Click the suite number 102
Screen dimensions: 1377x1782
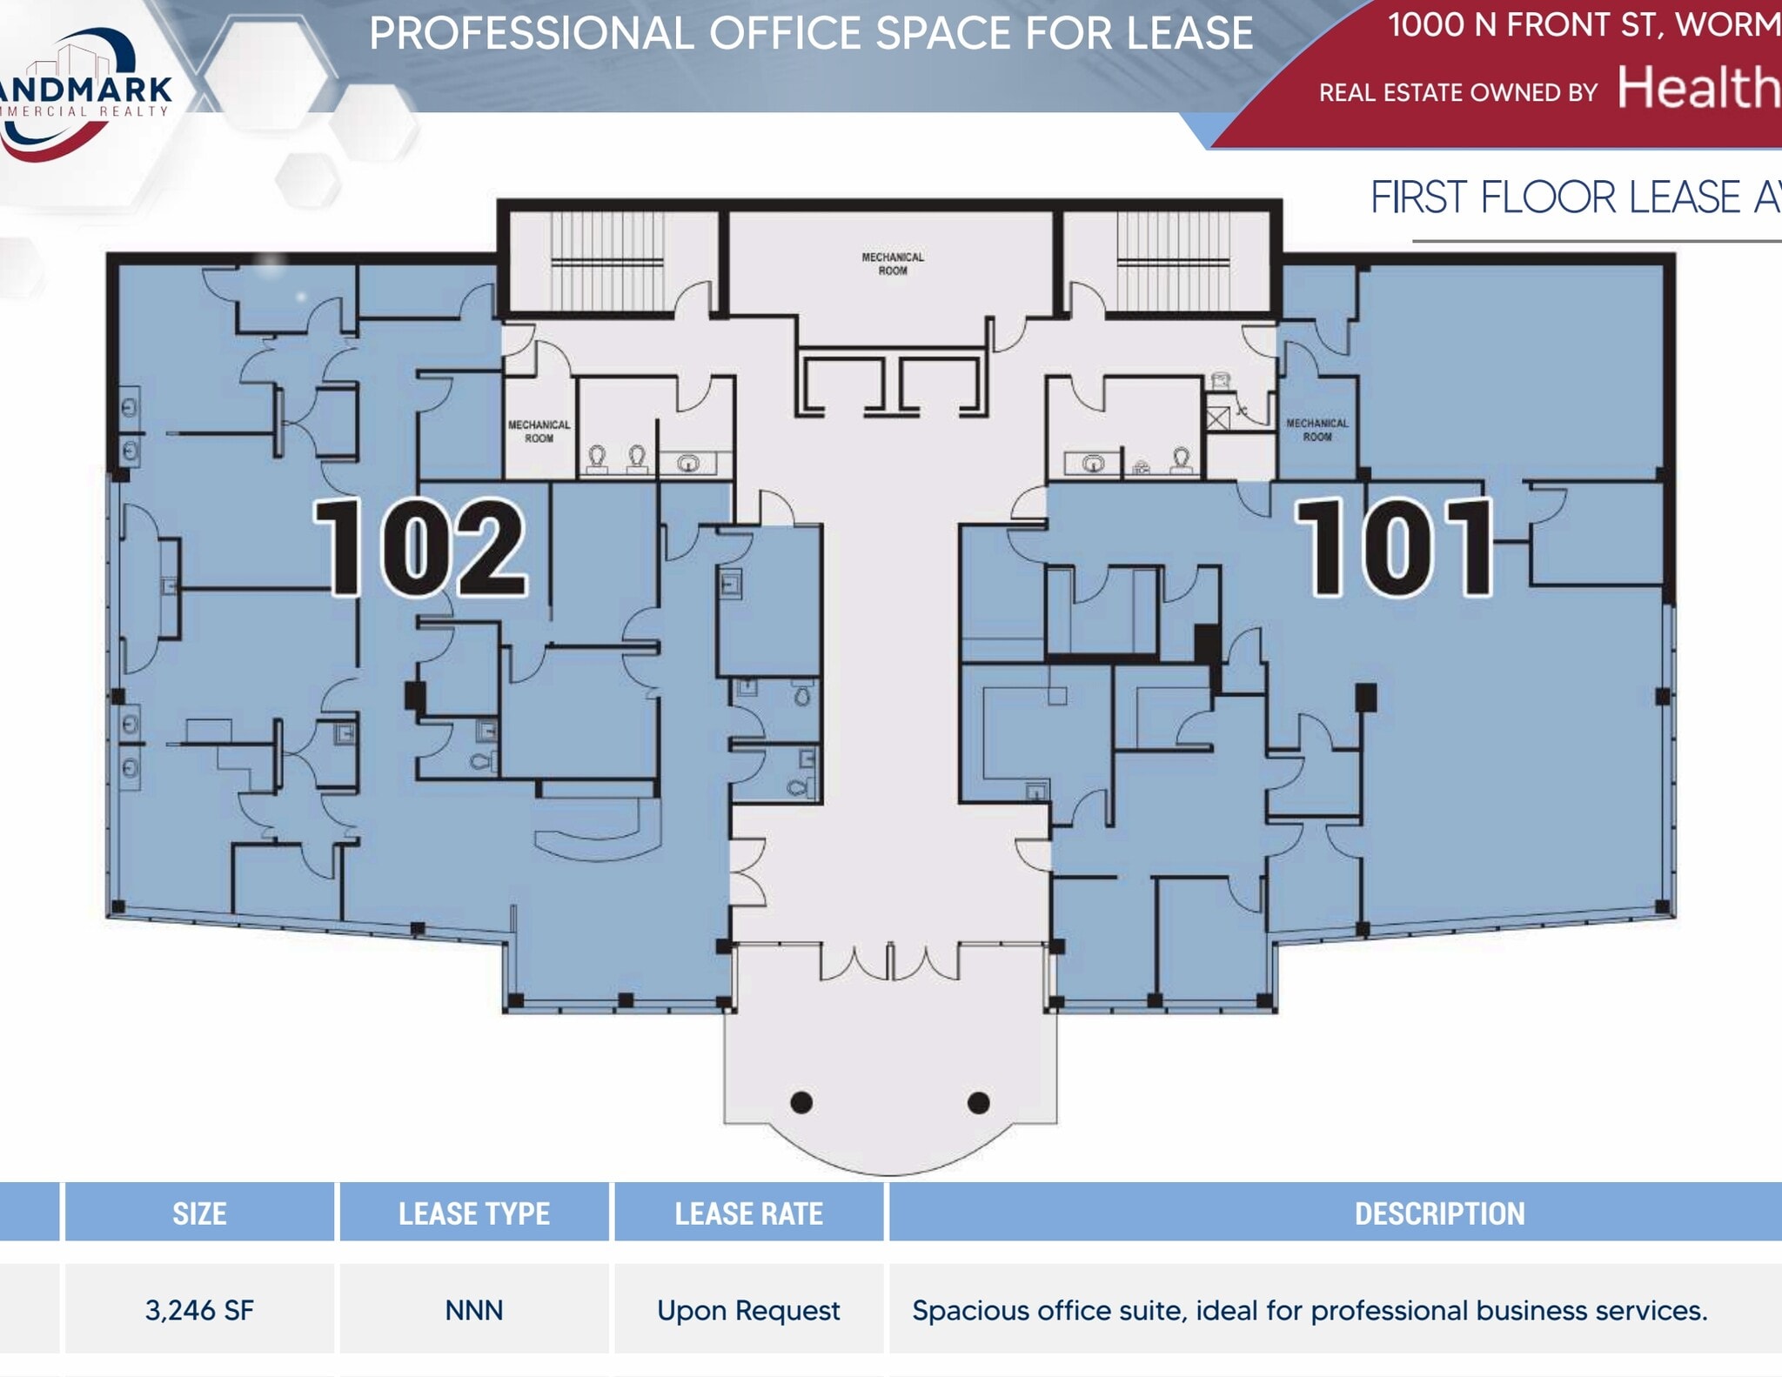419,548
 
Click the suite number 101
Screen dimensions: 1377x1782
1395,548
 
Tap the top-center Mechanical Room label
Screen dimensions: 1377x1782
893,264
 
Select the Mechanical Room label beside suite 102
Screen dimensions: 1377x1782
539,431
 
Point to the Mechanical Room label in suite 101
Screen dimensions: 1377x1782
1316,430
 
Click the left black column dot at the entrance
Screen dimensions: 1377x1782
801,1103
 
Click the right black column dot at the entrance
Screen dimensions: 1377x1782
978,1103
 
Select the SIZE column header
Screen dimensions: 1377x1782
199,1213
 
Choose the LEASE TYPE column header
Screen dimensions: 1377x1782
473,1213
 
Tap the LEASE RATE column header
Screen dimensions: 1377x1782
748,1213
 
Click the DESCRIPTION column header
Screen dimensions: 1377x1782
1439,1213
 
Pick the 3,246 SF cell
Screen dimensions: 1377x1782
199,1310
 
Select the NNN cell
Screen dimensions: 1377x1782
473,1310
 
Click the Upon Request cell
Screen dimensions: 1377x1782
748,1310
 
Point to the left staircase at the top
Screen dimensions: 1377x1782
607,260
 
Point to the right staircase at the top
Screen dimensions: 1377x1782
1173,260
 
